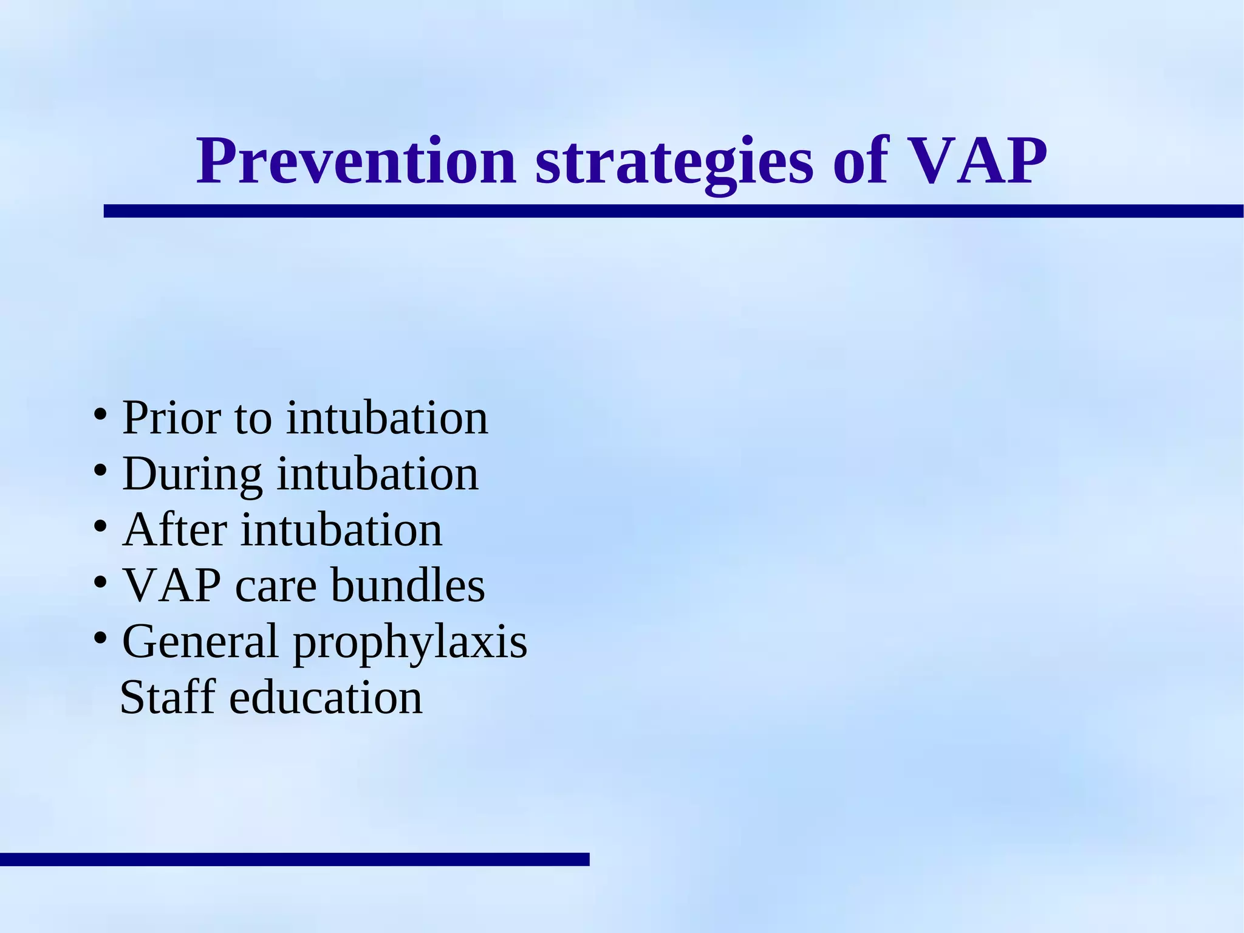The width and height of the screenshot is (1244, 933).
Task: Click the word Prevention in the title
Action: [356, 162]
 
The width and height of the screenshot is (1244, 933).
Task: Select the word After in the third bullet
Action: [175, 530]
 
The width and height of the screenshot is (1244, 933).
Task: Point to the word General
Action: [200, 642]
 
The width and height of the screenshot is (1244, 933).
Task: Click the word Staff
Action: [168, 697]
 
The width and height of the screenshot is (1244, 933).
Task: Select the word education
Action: [326, 697]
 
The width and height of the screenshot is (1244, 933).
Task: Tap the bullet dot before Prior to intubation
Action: [101, 416]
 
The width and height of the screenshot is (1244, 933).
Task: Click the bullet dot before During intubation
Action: [101, 471]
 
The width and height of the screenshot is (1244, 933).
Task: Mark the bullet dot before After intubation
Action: [101, 526]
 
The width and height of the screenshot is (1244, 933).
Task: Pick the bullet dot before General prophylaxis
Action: [101, 638]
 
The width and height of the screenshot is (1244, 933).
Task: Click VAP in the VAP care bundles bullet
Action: [173, 586]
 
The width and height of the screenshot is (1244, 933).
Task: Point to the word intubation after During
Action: [377, 474]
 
